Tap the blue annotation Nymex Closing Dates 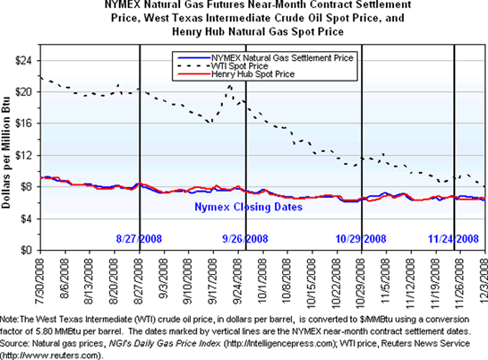249,207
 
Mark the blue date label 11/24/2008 454,239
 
